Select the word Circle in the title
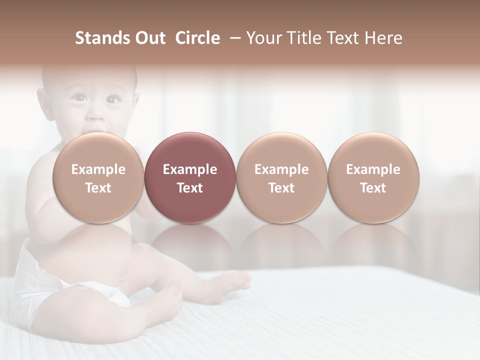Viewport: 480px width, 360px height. (197, 38)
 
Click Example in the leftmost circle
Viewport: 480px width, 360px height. (98, 169)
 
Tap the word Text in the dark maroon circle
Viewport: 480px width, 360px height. (190, 188)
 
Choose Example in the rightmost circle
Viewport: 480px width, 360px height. (373, 169)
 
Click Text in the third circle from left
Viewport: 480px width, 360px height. (281, 188)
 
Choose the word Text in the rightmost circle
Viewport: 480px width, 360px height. (373, 188)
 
